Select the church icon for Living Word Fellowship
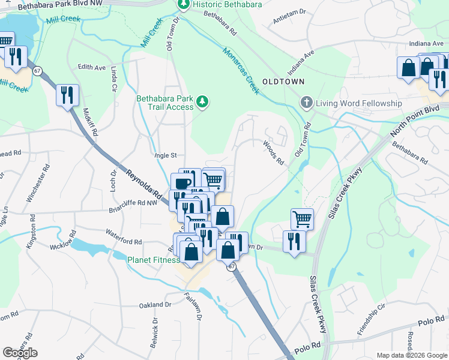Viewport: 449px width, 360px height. (x=307, y=103)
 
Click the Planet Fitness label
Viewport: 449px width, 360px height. (x=153, y=260)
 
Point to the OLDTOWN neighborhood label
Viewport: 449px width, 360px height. (x=283, y=81)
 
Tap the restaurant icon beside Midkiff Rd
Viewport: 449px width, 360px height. (x=67, y=95)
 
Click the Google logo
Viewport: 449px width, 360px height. (x=20, y=353)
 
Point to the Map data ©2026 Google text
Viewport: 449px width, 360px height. (x=411, y=355)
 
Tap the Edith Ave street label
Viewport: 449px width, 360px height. (x=92, y=67)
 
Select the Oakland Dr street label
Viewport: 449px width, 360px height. (x=155, y=305)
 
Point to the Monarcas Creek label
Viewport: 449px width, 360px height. (x=241, y=71)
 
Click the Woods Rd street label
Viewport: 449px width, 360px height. (x=273, y=153)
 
